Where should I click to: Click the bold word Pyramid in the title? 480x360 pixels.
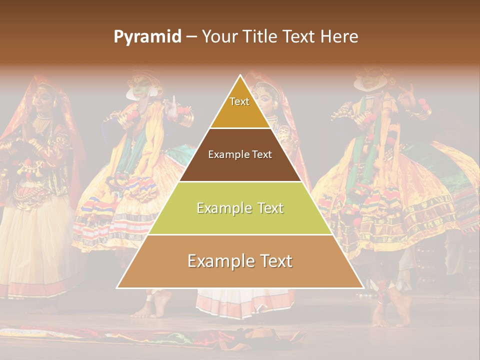(x=147, y=37)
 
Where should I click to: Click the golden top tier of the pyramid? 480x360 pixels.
(x=240, y=112)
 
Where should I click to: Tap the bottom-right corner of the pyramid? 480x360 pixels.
(x=363, y=287)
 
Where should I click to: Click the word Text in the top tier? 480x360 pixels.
(x=239, y=101)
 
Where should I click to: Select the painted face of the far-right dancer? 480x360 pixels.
(x=370, y=80)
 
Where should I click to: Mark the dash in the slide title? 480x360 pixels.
(x=191, y=37)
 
